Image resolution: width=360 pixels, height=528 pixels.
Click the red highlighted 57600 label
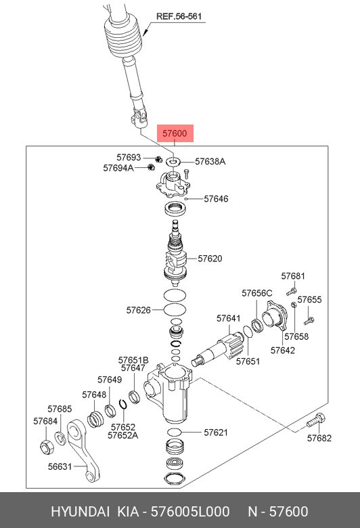click(175, 133)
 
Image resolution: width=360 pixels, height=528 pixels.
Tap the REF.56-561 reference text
click(179, 16)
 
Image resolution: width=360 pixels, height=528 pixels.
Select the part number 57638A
click(210, 162)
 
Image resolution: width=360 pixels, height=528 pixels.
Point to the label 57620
click(210, 259)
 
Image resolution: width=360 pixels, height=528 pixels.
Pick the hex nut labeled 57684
click(46, 447)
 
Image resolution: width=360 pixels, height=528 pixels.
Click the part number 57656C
click(257, 293)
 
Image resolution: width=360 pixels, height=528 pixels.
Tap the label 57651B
click(133, 360)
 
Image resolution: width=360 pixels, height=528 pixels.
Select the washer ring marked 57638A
click(173, 162)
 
